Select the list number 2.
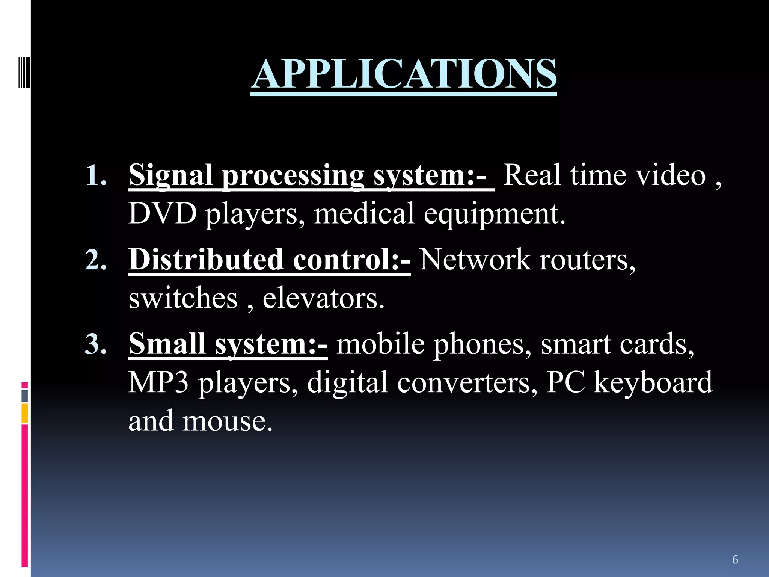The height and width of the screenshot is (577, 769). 96,260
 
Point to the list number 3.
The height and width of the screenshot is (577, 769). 96,344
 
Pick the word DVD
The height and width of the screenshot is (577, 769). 162,213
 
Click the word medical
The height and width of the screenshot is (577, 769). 364,213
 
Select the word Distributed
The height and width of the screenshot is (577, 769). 206,260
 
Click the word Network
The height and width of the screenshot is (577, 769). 475,260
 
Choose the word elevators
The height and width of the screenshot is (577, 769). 323,298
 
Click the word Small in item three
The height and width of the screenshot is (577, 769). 167,344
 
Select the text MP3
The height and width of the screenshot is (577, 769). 158,382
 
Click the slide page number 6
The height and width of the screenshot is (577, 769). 735,559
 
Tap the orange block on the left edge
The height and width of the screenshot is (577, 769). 25,413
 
